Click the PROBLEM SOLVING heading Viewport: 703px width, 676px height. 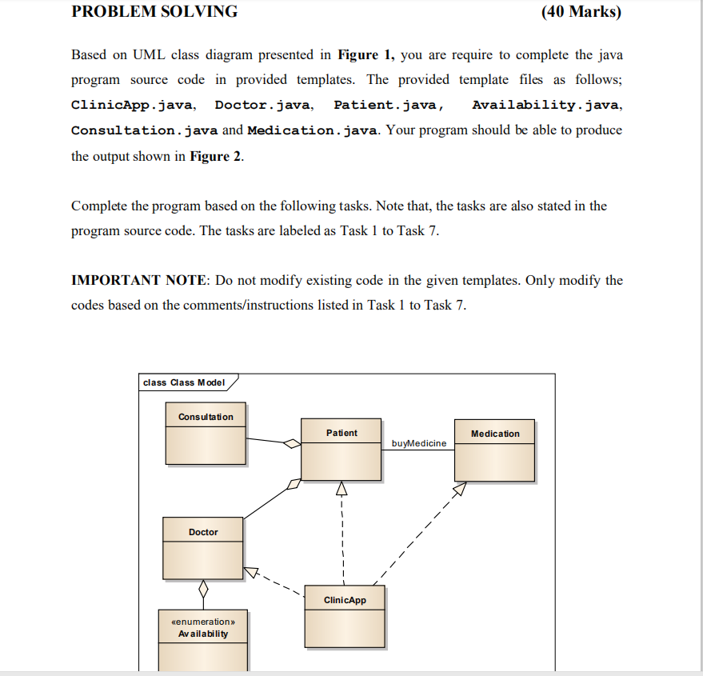[154, 12]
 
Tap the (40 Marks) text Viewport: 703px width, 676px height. [581, 12]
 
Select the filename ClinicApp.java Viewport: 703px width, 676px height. [132, 105]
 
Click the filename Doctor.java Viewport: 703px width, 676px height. [263, 105]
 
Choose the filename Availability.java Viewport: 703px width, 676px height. [546, 105]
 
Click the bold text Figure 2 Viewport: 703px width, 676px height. [215, 156]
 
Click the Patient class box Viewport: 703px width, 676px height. [341, 449]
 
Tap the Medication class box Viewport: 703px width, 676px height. [494, 450]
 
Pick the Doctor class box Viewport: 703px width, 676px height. [203, 548]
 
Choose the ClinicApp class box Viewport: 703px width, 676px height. [345, 616]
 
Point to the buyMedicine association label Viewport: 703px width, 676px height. [419, 443]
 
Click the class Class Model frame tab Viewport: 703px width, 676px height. [185, 382]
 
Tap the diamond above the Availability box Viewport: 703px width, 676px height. [203, 590]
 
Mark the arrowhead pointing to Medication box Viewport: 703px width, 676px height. [459, 489]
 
